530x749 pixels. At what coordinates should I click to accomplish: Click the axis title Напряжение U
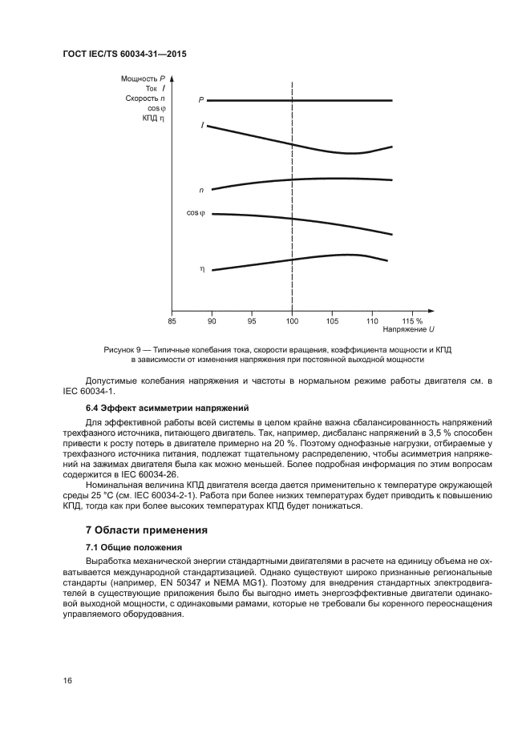[x=409, y=330]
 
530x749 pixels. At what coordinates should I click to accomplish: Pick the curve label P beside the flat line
[x=201, y=101]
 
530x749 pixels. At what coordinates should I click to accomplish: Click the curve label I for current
[x=202, y=126]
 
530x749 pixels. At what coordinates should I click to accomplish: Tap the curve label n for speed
[x=201, y=190]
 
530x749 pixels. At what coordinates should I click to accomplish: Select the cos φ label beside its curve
[x=196, y=213]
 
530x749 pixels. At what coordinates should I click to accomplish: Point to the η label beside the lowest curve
[x=201, y=269]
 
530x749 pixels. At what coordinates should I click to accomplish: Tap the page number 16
[x=67, y=681]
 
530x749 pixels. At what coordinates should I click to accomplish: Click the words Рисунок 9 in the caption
[x=122, y=351]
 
